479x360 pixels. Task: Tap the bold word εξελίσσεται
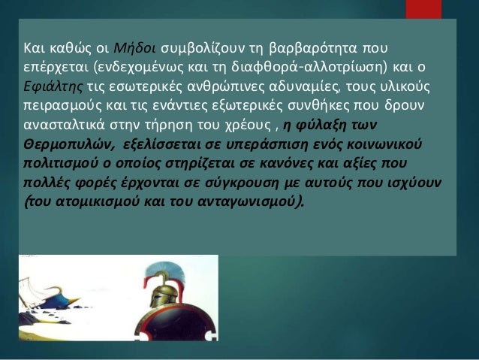pos(164,144)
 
